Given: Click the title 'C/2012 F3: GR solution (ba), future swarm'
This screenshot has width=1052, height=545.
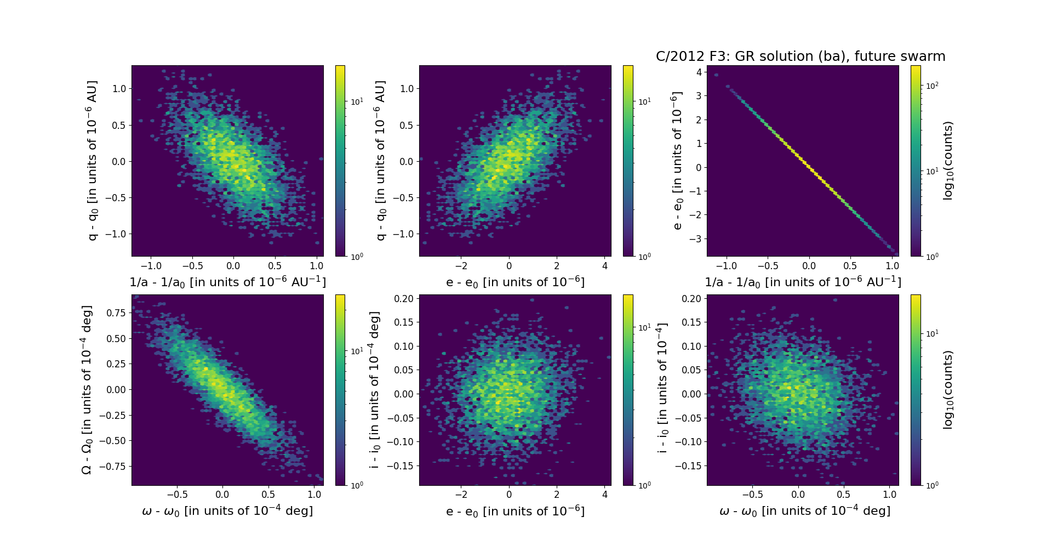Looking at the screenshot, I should coord(801,56).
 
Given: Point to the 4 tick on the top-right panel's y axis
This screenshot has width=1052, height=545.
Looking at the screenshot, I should coord(699,72).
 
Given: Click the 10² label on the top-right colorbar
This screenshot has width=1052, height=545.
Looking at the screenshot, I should coord(931,86).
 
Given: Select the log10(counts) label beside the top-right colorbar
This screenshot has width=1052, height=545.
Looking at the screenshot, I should coord(948,161).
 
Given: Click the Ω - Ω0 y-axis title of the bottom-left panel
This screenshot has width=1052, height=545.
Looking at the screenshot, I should coord(87,390).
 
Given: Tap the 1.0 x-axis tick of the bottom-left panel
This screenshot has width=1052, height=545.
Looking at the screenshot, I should coord(315,495).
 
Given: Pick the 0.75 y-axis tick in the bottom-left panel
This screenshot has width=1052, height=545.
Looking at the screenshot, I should coord(116,313).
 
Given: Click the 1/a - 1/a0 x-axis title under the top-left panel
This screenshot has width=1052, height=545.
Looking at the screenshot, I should coord(227,282).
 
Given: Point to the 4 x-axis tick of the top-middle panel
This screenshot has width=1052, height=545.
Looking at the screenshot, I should coord(605,266).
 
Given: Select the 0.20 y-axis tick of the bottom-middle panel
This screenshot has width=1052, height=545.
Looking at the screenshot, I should coord(404,299).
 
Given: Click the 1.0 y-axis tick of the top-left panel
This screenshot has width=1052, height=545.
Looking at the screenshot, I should coord(119,89).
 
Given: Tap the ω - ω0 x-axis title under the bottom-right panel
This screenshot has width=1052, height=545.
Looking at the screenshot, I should coord(804,511).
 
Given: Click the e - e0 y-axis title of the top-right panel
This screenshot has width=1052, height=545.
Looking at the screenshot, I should coord(678,161).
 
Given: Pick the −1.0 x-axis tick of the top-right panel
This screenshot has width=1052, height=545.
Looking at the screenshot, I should coord(727,266).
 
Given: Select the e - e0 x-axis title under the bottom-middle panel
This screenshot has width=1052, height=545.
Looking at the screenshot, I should coord(515,512).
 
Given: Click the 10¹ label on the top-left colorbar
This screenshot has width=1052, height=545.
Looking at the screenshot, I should coord(357,102).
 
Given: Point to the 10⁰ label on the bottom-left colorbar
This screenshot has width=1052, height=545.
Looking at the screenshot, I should coord(357,485).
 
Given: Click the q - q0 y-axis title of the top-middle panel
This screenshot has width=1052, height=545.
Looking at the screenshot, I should coord(380,161).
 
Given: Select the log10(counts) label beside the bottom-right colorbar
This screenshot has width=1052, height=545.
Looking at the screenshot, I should coord(948,390).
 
